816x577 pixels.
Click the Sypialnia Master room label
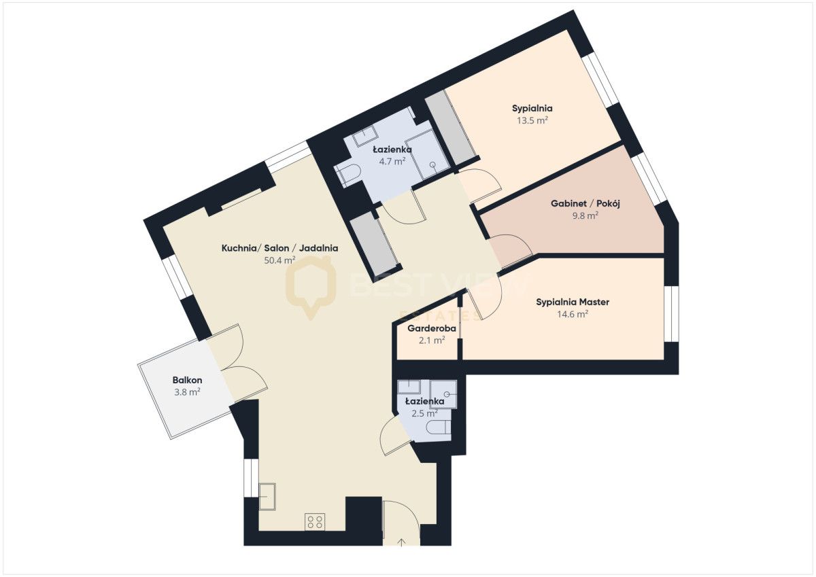(x=573, y=302)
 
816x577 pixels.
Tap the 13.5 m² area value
(x=532, y=120)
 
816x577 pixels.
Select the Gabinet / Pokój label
(x=585, y=203)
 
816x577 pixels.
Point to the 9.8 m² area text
(x=585, y=215)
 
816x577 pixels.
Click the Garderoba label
(x=432, y=328)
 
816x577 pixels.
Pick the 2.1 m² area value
(x=432, y=340)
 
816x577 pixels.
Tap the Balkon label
(x=187, y=380)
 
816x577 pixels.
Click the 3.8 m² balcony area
(x=187, y=392)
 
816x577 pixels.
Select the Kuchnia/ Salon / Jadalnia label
(x=279, y=248)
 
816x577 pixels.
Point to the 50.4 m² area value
(x=279, y=260)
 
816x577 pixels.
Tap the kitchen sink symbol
(x=267, y=497)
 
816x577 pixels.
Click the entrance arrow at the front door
(x=401, y=543)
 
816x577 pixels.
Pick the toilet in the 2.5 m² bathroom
(x=439, y=427)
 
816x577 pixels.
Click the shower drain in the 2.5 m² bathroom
(x=447, y=394)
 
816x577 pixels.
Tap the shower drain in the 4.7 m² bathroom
(x=432, y=164)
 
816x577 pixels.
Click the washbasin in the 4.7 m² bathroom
(x=364, y=136)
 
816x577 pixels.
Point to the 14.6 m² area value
(x=573, y=314)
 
